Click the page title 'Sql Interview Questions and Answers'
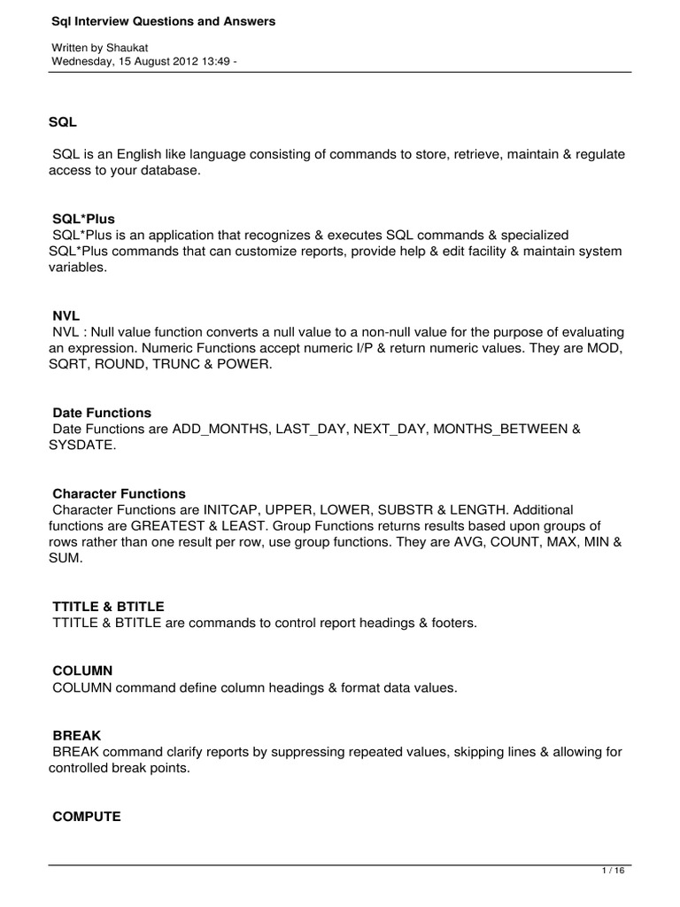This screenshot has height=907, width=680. (x=164, y=20)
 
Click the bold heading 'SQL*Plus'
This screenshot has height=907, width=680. (x=84, y=218)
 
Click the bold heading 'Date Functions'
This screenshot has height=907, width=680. (x=102, y=413)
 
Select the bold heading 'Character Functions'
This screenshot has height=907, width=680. (x=120, y=493)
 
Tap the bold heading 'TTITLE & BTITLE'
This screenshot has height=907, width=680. (x=109, y=607)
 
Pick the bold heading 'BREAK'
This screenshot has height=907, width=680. (x=77, y=736)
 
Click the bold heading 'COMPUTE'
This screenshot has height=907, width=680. (x=87, y=817)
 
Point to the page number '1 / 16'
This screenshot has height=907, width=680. (x=613, y=871)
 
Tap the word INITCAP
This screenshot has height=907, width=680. (x=235, y=510)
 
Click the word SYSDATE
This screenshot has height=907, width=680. (x=82, y=445)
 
